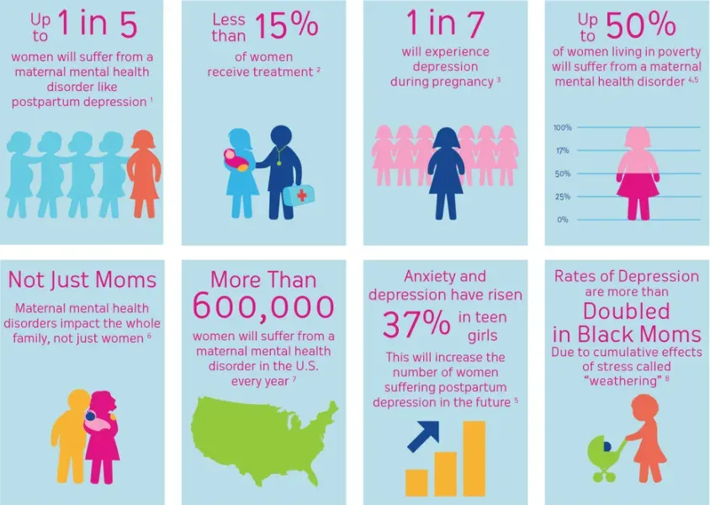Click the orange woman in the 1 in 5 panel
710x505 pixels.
coord(142,173)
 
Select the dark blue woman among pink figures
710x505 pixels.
coord(445,173)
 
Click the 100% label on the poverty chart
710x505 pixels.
coord(562,128)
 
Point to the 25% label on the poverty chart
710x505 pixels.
coord(562,196)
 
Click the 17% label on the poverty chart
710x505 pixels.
coord(562,151)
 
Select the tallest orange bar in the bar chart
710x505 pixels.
coord(474,458)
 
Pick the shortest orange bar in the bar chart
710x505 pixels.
coord(416,481)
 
